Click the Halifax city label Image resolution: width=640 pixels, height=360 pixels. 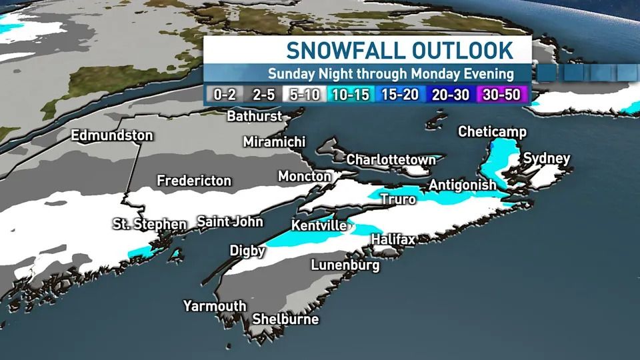tap(393, 239)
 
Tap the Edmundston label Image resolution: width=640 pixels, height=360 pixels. tap(112, 135)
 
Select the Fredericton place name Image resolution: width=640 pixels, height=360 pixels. tap(194, 181)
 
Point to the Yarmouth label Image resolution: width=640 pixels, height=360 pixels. tap(215, 306)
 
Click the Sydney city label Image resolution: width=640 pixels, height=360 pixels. tap(547, 158)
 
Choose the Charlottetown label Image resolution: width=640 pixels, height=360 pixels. tap(391, 160)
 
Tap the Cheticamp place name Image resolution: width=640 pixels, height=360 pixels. tap(492, 132)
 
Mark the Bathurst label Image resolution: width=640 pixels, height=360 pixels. tap(256, 116)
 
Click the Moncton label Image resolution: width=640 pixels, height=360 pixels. tap(305, 177)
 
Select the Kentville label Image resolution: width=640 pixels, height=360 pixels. tap(319, 225)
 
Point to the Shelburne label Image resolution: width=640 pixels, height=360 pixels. tap(285, 319)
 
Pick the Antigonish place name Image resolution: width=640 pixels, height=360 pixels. tap(463, 185)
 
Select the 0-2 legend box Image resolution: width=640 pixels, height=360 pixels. tap(225, 95)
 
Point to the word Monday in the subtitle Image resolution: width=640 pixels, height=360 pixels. tap(436, 73)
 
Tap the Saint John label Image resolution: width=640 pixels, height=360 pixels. tap(230, 221)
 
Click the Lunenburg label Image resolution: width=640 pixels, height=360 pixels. tap(345, 265)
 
